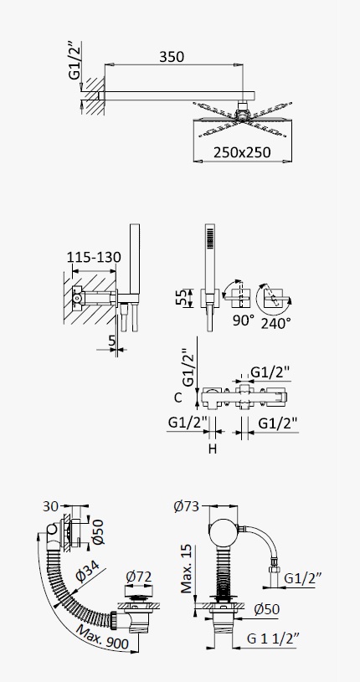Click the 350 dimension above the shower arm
point(172,57)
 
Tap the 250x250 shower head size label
point(242,152)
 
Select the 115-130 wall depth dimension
point(94,257)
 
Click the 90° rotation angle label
point(244,320)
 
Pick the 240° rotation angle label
point(275,323)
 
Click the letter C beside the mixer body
point(178,397)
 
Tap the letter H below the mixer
point(212,449)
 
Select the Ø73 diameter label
point(186,506)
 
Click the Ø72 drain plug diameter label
point(139,577)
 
